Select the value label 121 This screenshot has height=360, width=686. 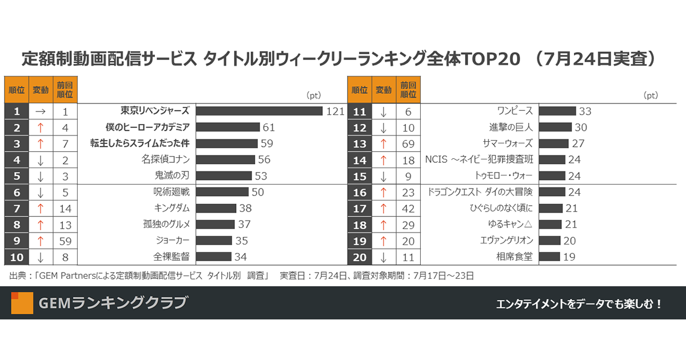335,111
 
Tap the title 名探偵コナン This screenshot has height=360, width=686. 165,159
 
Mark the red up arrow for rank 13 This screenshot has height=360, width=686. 383,143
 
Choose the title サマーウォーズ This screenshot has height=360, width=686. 508,143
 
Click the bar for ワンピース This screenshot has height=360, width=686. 557,111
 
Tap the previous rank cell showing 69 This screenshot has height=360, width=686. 408,143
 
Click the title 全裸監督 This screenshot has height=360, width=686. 171,257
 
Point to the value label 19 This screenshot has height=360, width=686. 569,257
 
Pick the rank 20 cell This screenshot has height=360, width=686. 360,257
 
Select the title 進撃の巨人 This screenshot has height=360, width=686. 507,127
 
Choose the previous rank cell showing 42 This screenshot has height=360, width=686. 408,209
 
